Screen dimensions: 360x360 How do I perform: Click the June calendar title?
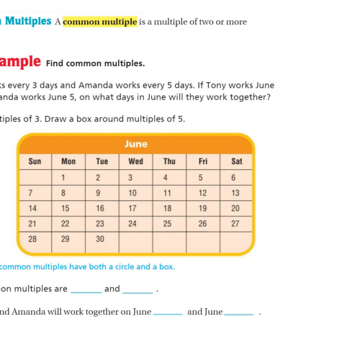(135, 144)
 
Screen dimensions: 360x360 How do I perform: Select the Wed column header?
(135, 161)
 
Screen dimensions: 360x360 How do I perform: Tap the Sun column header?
(35, 161)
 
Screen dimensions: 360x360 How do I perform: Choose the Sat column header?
(237, 161)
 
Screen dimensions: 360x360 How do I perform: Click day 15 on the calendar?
(65, 208)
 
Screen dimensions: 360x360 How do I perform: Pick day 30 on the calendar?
(100, 238)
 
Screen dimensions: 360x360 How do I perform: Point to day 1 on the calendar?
(64, 177)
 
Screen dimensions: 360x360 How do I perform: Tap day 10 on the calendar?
(132, 193)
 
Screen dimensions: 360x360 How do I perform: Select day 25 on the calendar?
(167, 224)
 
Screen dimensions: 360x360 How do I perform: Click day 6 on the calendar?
(233, 177)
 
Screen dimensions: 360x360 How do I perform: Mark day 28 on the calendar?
(31, 238)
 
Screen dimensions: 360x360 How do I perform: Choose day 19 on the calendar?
(202, 208)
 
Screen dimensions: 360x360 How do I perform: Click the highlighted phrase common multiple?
(99, 22)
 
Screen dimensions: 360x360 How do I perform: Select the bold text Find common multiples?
(100, 63)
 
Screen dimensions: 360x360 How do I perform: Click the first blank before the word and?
(86, 290)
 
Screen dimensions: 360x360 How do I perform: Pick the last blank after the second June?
(239, 313)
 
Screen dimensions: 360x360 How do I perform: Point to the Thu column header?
(169, 161)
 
